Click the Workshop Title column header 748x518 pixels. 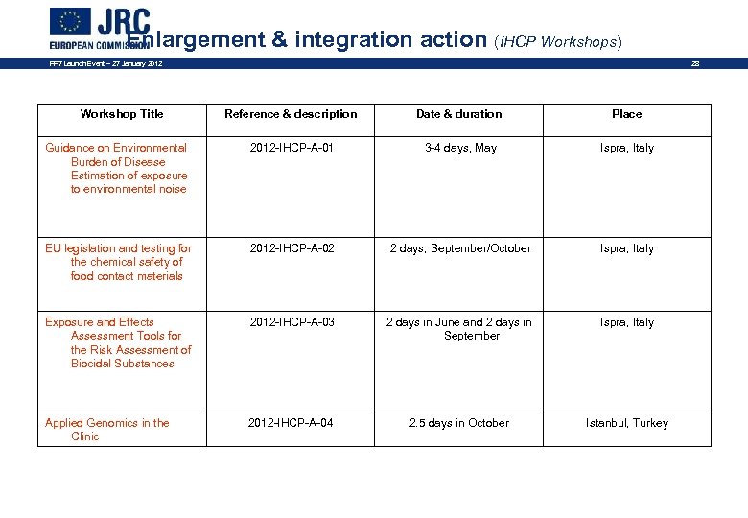tap(122, 114)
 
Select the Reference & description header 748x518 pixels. tap(291, 114)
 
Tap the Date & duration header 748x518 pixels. tap(458, 114)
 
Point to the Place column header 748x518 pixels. tap(627, 114)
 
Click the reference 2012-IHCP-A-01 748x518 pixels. tap(292, 149)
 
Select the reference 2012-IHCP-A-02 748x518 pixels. tap(292, 249)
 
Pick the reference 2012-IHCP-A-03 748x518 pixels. tap(292, 322)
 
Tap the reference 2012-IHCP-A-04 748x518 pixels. tap(291, 423)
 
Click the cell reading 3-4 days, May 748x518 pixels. tap(461, 149)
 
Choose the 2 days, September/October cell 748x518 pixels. tap(460, 249)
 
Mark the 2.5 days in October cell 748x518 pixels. tap(459, 423)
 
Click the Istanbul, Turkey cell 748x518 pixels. tap(627, 423)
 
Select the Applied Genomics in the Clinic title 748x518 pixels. tap(107, 430)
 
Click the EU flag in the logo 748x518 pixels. tap(69, 21)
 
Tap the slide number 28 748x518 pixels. tap(697, 64)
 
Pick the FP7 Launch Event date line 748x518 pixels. tap(106, 64)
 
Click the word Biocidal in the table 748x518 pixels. tap(93, 365)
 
